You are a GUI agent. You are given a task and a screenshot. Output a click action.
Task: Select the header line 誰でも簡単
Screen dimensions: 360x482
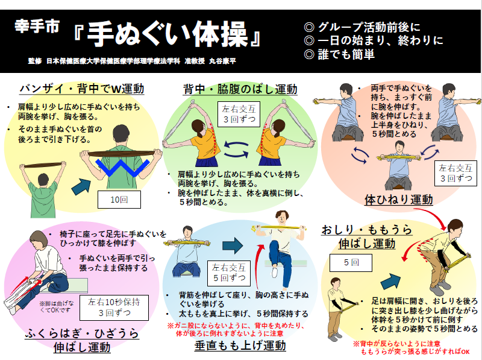tap(340, 55)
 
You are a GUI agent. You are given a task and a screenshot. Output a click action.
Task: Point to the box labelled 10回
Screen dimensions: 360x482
tap(119, 200)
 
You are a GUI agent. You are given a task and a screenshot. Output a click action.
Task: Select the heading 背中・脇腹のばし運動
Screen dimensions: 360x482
tap(240, 89)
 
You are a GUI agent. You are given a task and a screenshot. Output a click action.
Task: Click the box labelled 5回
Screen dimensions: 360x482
tap(351, 262)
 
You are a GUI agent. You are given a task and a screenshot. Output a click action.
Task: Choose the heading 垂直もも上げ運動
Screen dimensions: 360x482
tap(240, 346)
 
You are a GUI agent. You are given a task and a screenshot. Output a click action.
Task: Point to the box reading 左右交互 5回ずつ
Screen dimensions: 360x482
tap(228, 272)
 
